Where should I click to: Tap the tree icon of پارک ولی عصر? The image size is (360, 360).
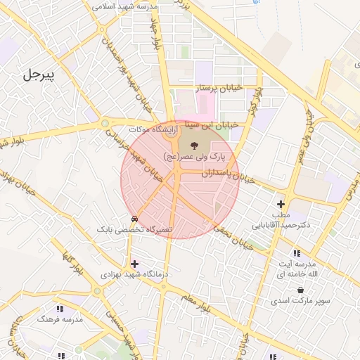tap(193, 144)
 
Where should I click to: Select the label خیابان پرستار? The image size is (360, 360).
tap(218, 87)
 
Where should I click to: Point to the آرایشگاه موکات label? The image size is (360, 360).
tap(149, 129)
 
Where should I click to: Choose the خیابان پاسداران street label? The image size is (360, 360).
tap(211, 172)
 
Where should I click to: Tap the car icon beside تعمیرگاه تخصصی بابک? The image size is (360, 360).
tap(134, 218)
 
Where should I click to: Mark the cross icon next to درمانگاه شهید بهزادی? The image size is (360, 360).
tap(134, 264)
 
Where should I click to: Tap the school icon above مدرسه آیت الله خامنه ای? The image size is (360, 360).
tap(296, 253)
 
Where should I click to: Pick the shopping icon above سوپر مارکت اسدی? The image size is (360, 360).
tap(301, 290)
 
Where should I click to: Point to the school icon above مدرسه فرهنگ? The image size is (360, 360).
tap(60, 308)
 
